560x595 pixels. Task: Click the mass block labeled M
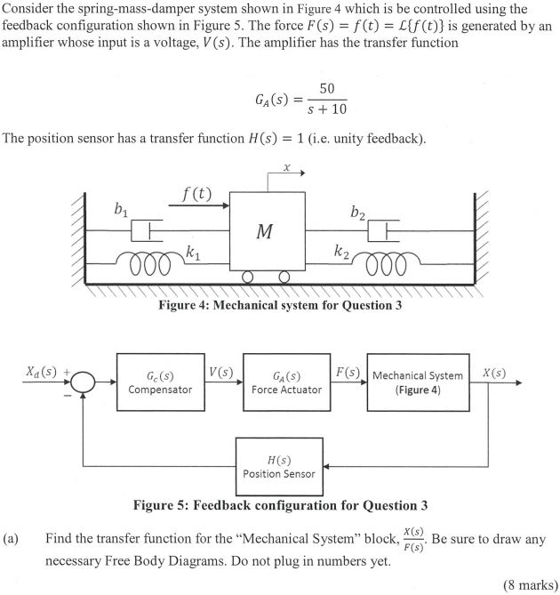pos(265,232)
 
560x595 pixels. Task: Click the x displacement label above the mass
pos(286,166)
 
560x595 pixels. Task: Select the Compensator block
pos(160,382)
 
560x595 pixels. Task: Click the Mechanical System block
pos(418,382)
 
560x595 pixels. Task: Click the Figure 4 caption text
pos(279,305)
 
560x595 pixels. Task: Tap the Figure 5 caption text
pos(279,505)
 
